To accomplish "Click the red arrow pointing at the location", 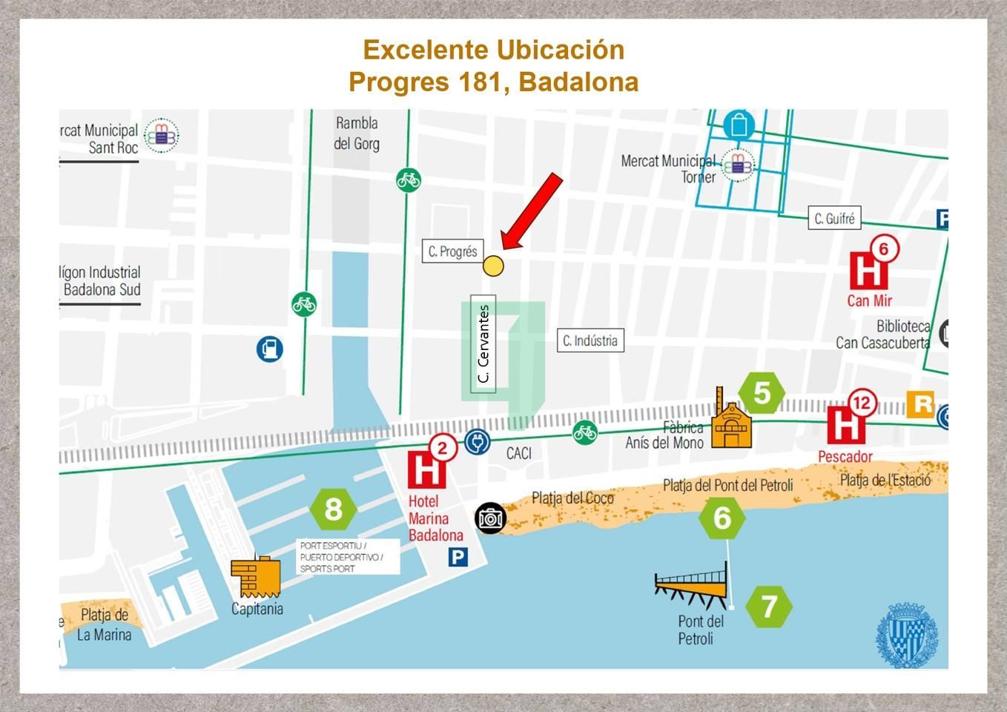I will tap(532, 211).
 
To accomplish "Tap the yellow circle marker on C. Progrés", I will tap(493, 266).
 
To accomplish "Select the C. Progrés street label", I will tap(452, 251).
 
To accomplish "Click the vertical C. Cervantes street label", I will tap(483, 344).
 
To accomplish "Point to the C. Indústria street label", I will tap(590, 340).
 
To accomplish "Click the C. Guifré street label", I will tap(834, 219).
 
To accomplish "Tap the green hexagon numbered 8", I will tap(334, 510).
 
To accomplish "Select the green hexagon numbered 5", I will tap(762, 393).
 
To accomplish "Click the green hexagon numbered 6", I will tap(722, 518).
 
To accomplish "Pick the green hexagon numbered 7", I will tap(769, 607).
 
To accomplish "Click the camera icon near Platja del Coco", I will tap(489, 518).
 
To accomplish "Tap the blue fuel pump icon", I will tap(270, 349).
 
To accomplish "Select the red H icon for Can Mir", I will tap(868, 270).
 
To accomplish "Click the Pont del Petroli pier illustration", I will tap(691, 585).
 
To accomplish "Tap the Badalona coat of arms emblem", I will tap(907, 635).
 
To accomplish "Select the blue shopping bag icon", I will tap(739, 125).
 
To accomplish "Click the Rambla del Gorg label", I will tap(357, 133).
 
